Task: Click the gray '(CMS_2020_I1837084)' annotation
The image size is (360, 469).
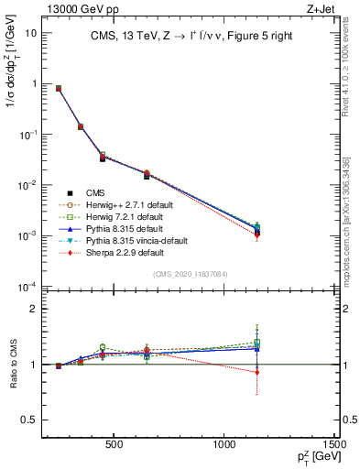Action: coord(190,274)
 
